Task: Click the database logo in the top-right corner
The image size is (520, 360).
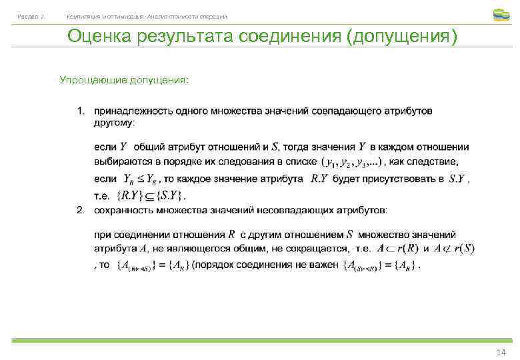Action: [501, 14]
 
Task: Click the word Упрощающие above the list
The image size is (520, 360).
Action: [87, 80]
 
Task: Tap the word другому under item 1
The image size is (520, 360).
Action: [113, 123]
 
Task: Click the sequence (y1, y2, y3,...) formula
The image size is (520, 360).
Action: [351, 162]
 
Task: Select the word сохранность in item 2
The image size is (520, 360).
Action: [124, 211]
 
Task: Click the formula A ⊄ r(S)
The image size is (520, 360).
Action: [454, 249]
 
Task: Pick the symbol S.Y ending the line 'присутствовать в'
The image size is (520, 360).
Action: [458, 179]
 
